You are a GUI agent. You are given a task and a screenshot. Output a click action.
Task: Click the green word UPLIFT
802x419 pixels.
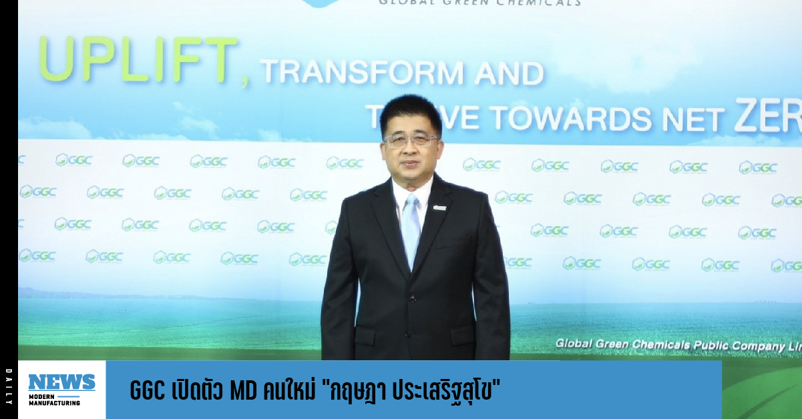click(138, 60)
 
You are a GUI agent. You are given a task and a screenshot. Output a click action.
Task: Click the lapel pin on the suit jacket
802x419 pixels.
click(440, 208)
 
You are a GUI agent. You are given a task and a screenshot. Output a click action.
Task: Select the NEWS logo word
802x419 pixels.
click(61, 382)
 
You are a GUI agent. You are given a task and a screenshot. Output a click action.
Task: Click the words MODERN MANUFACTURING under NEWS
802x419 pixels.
click(55, 399)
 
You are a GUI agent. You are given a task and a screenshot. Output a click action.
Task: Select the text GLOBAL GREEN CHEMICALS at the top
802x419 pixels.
click(479, 3)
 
